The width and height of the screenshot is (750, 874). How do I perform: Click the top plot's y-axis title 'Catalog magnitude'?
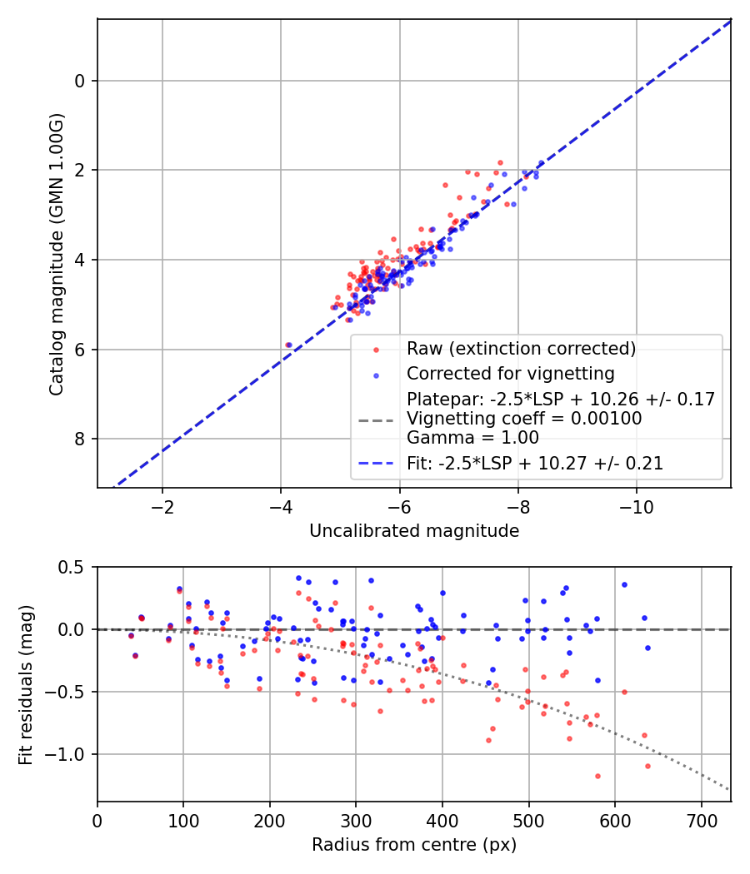point(56,253)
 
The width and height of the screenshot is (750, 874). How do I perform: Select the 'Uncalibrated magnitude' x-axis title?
point(414,531)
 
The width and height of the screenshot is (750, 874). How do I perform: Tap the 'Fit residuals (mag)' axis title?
point(26,684)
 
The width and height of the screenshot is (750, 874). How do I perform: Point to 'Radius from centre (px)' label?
point(414,845)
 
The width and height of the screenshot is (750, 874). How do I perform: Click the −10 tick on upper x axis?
point(637,508)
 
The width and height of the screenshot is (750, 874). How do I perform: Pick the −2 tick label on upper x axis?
point(162,508)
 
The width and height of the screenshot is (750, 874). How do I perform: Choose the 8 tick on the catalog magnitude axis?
point(81,439)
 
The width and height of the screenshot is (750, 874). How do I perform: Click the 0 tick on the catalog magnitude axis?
point(81,81)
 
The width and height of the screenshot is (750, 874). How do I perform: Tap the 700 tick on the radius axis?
point(701,822)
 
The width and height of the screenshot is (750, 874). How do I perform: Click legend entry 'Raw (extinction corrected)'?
point(521,348)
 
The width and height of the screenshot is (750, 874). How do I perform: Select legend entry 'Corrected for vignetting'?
point(510,374)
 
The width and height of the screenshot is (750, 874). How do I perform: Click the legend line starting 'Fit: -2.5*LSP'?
point(535,464)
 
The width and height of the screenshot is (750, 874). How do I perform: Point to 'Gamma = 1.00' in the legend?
point(472,438)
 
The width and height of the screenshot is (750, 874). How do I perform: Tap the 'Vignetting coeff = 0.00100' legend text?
point(524,419)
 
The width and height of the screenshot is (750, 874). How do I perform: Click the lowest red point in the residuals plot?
point(597,776)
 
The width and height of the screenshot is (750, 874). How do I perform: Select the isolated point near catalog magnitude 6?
point(288,345)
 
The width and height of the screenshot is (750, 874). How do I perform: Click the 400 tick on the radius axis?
point(442,822)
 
